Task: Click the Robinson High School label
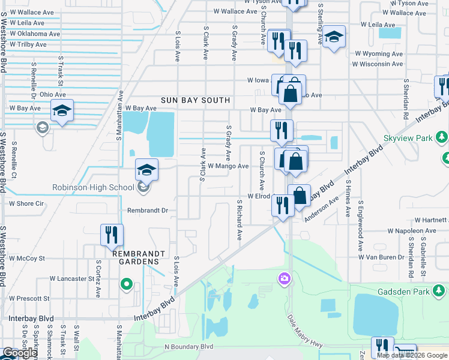pos(93,188)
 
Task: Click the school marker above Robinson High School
pos(146,170)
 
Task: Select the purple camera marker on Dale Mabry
pos(283,278)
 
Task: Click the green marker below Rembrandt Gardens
pos(126,284)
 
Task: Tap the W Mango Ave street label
pos(228,166)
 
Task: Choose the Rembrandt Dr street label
pos(147,211)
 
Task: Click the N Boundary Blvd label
pos(189,347)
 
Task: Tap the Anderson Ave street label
pos(318,210)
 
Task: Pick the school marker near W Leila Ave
pos(334,37)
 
